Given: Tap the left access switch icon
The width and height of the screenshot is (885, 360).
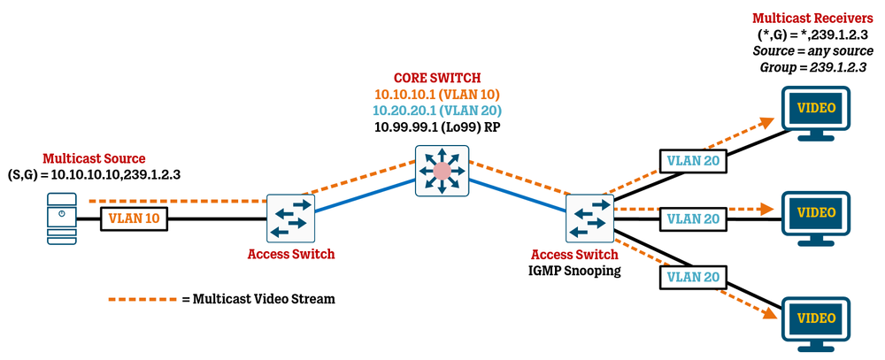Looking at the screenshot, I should tap(291, 217).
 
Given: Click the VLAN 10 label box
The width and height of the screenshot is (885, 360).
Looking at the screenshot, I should tap(135, 216).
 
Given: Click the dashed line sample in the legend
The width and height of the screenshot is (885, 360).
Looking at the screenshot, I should tap(142, 299).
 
